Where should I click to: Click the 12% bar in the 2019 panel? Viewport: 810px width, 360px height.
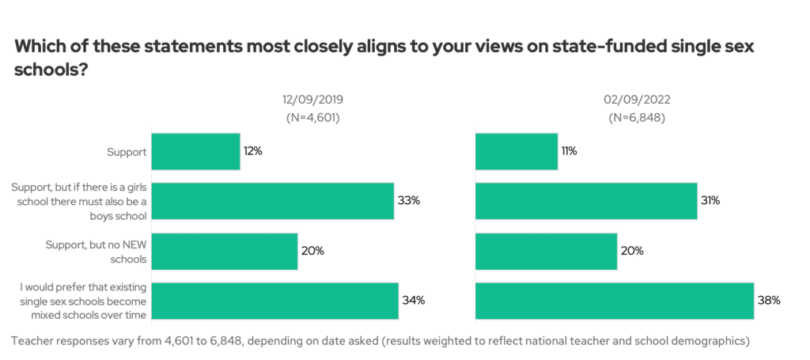point(195,150)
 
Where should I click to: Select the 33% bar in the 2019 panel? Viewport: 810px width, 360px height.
point(272,201)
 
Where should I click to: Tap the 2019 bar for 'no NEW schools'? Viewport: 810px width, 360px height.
point(224,251)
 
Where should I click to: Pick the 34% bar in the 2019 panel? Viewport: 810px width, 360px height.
point(274,301)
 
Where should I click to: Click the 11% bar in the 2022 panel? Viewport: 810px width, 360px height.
point(517,150)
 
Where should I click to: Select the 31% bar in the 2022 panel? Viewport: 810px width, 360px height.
point(586,201)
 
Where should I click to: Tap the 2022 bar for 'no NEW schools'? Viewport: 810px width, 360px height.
point(546,251)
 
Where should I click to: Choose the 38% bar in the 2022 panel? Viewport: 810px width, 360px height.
point(615,301)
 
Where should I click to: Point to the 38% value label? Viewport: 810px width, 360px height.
point(770,301)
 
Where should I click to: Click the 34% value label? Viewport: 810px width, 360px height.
point(414,301)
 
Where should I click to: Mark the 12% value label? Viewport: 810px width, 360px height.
point(252,150)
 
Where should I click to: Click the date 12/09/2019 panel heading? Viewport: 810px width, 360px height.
point(313,100)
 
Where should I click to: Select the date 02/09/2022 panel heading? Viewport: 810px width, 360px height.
point(636,100)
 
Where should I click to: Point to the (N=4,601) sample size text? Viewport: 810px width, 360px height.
point(313,118)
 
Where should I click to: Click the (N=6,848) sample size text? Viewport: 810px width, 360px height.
point(636,118)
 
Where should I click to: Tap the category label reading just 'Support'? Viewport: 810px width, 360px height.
point(125,150)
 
